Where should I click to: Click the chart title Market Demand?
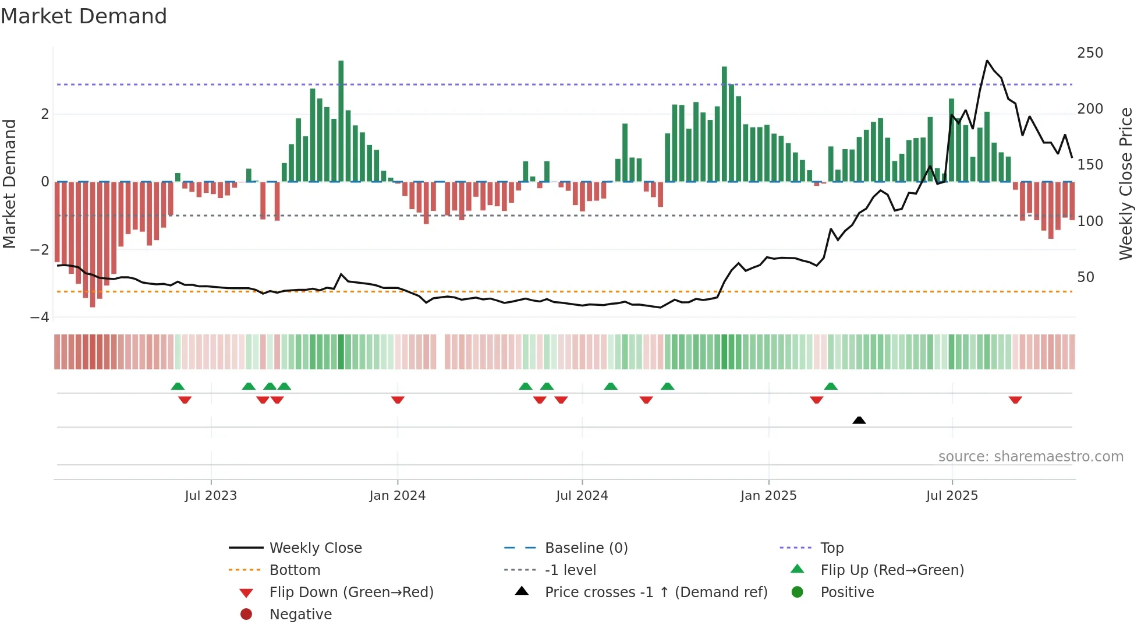84,16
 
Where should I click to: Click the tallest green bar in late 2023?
341,117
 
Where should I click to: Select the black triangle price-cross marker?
859,420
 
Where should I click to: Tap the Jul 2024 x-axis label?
582,496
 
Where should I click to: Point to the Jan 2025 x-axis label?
768,496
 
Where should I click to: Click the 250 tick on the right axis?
1090,53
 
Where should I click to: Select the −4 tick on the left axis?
40,318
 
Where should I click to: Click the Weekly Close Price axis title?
1126,184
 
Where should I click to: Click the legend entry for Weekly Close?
316,548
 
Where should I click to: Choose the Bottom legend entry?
295,570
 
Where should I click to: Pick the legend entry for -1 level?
570,570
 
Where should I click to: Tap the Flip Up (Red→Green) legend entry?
892,570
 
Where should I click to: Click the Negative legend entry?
300,615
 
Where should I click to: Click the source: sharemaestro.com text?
1030,457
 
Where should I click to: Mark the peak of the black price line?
987,61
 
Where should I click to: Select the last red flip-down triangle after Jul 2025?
1015,400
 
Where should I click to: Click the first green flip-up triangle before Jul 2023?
178,386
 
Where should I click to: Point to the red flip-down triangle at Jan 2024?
398,400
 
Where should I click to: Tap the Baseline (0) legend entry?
586,548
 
